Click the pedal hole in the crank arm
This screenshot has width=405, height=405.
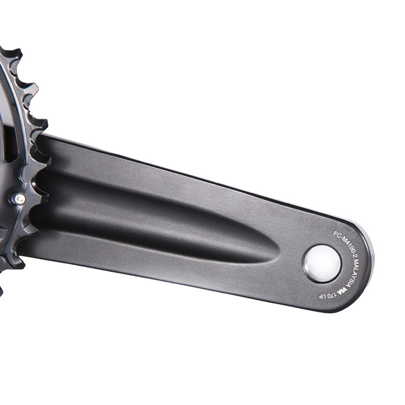(x=322, y=263)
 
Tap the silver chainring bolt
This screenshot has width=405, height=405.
(x=19, y=199)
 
